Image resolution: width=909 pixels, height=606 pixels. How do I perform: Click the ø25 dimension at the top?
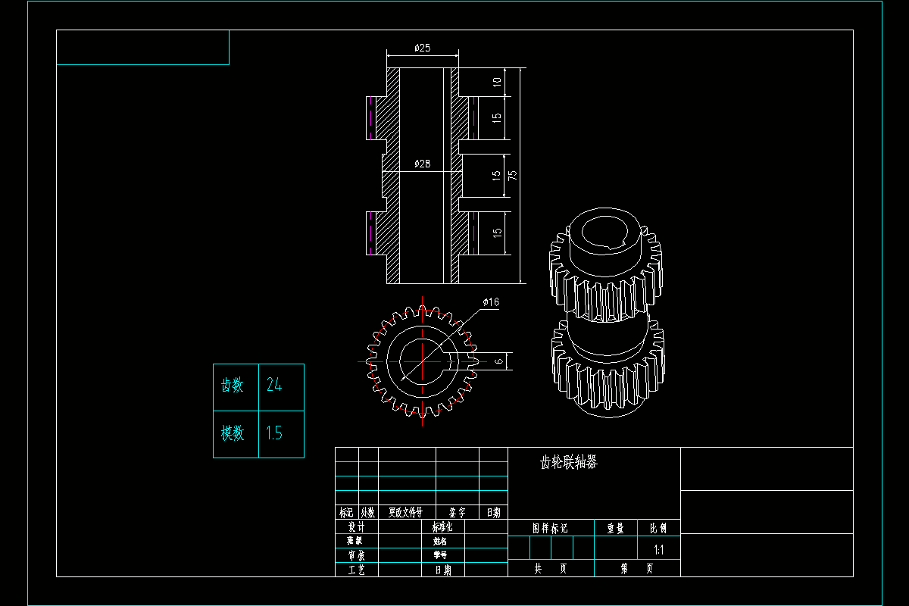423,48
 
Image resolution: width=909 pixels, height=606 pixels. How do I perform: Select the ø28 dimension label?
423,164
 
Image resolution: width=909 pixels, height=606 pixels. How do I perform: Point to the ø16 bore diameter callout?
491,302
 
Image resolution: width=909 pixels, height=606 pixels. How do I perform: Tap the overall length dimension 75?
513,175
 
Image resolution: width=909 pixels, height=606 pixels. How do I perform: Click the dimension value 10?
497,82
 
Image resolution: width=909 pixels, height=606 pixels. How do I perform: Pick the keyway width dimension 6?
498,361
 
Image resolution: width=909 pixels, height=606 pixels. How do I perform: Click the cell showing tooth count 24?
281,386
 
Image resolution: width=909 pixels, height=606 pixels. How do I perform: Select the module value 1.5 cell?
281,433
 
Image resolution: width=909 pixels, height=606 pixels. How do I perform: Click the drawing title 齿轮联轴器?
568,463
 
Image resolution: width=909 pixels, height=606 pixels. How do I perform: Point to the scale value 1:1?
658,550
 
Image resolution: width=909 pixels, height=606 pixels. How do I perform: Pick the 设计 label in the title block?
356,526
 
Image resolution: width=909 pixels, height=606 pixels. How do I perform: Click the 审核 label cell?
356,555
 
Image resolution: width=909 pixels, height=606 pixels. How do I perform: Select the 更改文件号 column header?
406,513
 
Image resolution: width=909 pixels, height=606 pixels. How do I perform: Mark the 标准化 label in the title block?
442,526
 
